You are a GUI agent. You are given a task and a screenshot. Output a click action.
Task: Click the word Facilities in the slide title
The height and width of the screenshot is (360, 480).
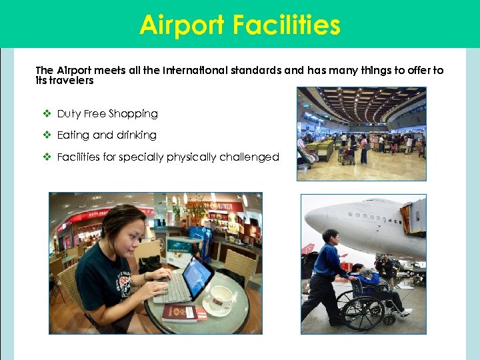[x=287, y=25]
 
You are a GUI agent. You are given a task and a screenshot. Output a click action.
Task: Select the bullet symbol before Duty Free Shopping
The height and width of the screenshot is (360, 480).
[x=47, y=114]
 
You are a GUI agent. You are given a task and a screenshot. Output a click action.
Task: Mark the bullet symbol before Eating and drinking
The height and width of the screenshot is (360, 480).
[x=47, y=135]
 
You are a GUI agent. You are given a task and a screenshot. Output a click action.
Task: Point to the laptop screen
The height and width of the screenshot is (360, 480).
[x=199, y=274]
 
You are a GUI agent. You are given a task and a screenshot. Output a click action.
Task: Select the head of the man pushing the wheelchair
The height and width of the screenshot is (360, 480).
[x=331, y=236]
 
